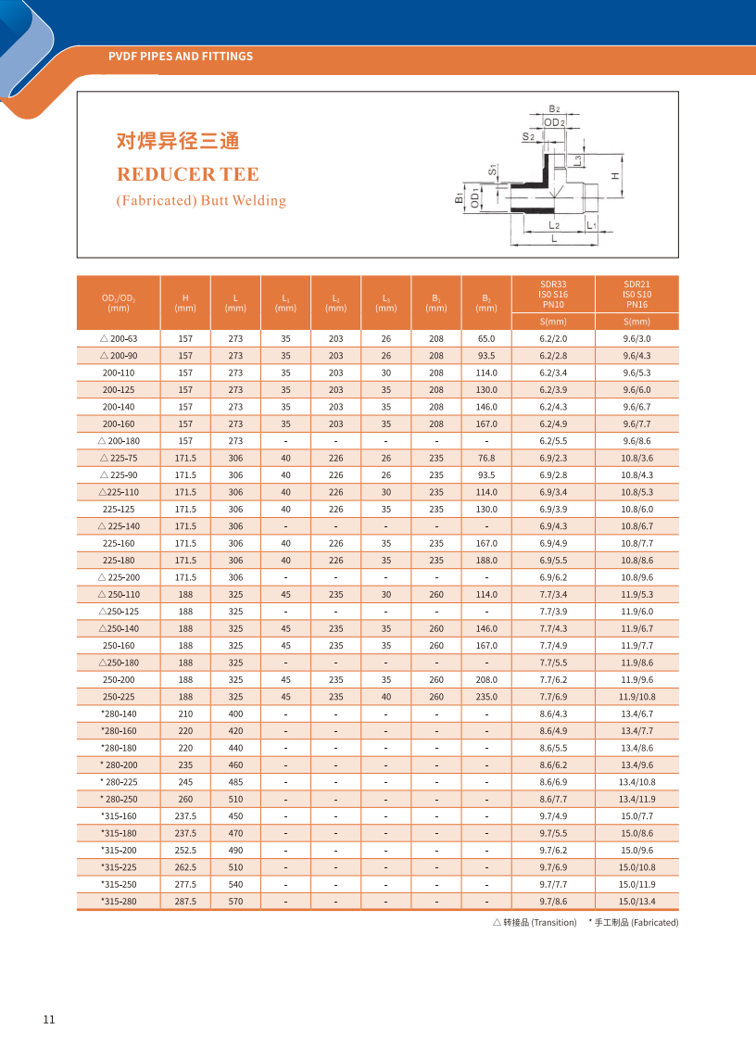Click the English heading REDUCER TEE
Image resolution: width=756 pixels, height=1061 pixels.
pyautogui.click(x=187, y=174)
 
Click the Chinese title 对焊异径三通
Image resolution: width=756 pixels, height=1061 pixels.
pyautogui.click(x=178, y=141)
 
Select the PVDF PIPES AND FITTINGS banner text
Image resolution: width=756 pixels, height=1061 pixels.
pyautogui.click(x=181, y=57)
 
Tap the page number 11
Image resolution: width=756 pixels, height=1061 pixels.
pyautogui.click(x=49, y=1019)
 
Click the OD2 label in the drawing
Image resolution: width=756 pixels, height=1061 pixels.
pyautogui.click(x=555, y=122)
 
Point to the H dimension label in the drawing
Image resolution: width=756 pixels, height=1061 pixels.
pyautogui.click(x=615, y=175)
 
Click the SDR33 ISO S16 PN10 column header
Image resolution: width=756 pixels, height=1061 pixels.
pyautogui.click(x=553, y=294)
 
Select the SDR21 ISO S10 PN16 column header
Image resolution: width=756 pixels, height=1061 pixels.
pyautogui.click(x=636, y=294)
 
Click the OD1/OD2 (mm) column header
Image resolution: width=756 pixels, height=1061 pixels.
pyautogui.click(x=119, y=302)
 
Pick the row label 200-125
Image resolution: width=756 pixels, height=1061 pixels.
pyautogui.click(x=119, y=390)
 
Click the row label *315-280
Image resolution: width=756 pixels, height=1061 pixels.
pyautogui.click(x=119, y=902)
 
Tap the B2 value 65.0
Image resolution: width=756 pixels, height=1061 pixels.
pyautogui.click(x=486, y=339)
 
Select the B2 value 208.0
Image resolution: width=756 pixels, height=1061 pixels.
pyautogui.click(x=486, y=680)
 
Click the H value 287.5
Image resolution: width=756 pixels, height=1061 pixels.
pyautogui.click(x=185, y=902)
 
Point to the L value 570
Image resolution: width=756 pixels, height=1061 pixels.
pyautogui.click(x=235, y=902)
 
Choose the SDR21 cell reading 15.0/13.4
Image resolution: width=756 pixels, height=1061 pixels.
pyautogui.click(x=636, y=902)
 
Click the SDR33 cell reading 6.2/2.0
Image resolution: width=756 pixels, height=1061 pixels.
pyautogui.click(x=553, y=339)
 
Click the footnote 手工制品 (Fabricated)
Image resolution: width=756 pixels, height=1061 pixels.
pyautogui.click(x=634, y=923)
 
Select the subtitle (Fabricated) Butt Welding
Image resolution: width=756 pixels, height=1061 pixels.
pyautogui.click(x=201, y=201)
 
